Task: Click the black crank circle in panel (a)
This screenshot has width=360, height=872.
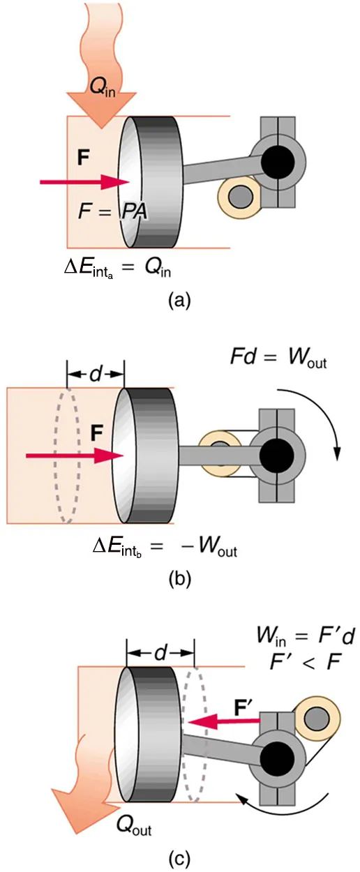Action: click(278, 163)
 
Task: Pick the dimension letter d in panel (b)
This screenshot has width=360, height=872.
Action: click(95, 374)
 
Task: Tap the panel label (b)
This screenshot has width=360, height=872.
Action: click(179, 580)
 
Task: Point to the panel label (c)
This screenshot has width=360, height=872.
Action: click(179, 858)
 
